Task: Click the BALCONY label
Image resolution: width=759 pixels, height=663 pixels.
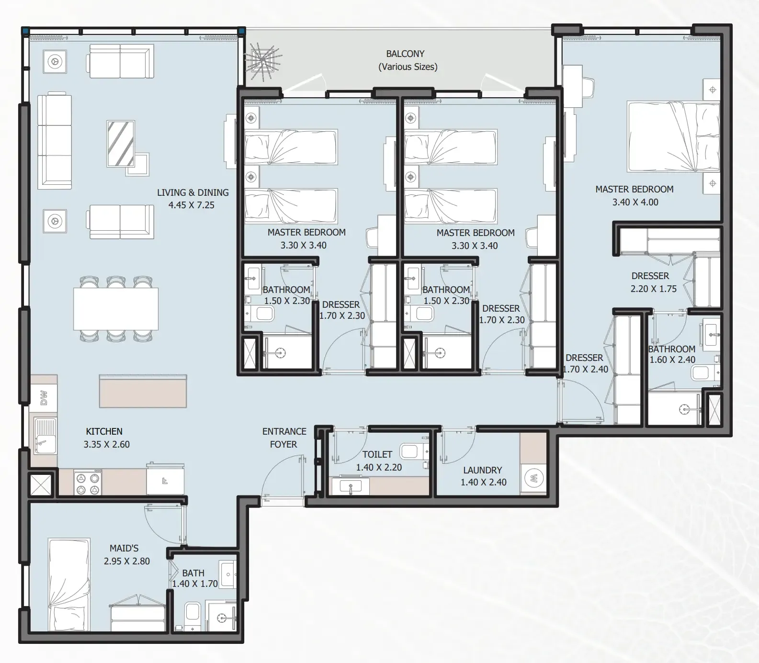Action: (x=405, y=54)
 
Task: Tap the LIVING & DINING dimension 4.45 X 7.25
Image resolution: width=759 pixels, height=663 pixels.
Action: (x=192, y=205)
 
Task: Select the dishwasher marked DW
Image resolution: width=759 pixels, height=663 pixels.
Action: (x=44, y=398)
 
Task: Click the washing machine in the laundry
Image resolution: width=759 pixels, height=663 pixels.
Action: (x=533, y=478)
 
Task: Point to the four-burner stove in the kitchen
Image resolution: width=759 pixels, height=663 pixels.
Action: (x=88, y=483)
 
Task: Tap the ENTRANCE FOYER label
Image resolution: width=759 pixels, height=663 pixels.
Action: (x=284, y=438)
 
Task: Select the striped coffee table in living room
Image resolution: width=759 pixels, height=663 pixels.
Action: (x=120, y=144)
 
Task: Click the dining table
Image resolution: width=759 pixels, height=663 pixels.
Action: (x=116, y=309)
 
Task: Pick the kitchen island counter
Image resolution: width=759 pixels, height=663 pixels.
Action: (x=143, y=391)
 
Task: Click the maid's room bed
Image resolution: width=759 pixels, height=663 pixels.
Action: (x=69, y=585)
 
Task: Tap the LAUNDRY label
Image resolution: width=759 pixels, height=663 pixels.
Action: (x=483, y=470)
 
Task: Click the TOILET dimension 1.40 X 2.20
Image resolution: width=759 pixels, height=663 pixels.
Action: (x=379, y=467)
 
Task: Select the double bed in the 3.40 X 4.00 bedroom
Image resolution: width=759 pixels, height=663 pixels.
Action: (x=673, y=136)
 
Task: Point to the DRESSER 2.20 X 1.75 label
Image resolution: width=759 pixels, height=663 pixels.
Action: (x=653, y=282)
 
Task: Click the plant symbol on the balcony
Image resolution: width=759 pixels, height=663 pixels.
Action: (x=262, y=59)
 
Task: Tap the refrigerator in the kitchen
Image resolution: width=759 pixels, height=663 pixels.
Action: (x=165, y=479)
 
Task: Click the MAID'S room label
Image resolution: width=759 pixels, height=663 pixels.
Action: (x=124, y=548)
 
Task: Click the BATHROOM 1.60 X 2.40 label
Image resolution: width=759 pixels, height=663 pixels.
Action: (x=672, y=354)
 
